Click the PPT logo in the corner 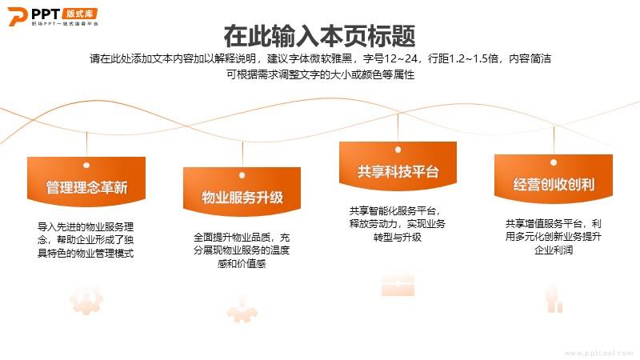(x=53, y=17)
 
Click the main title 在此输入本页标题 (x=319, y=36)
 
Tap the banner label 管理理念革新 (x=86, y=187)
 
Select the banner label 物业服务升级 (x=242, y=198)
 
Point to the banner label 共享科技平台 (x=398, y=172)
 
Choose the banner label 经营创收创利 (x=554, y=185)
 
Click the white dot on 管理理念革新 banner (x=86, y=166)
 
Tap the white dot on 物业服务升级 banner (x=242, y=175)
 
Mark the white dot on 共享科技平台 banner (x=398, y=150)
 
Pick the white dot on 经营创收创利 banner (x=554, y=162)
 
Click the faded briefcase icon (x=398, y=285)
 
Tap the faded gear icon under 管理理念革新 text (x=86, y=300)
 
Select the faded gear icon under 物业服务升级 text (x=242, y=310)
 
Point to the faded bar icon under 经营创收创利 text (x=554, y=299)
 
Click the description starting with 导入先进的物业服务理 (x=86, y=240)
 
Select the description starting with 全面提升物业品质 (x=242, y=250)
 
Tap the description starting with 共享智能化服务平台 (x=397, y=224)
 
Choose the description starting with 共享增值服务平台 (x=554, y=237)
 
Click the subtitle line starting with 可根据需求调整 (x=321, y=74)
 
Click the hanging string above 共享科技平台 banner (x=398, y=127)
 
